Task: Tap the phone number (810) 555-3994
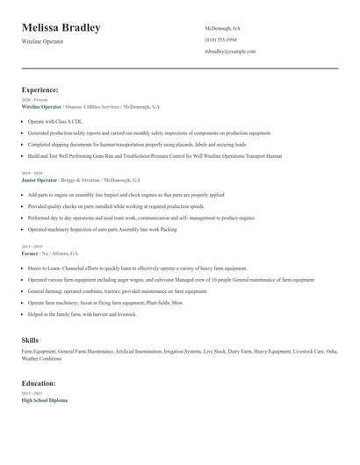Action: click(x=220, y=39)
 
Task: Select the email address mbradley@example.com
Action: click(x=230, y=52)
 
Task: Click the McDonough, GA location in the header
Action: click(x=222, y=28)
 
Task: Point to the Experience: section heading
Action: click(x=40, y=89)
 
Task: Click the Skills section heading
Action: click(x=30, y=339)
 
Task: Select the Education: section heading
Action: click(x=39, y=383)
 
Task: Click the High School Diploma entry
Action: click(x=45, y=399)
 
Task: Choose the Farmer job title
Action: click(x=31, y=253)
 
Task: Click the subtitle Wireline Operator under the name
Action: click(x=43, y=42)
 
